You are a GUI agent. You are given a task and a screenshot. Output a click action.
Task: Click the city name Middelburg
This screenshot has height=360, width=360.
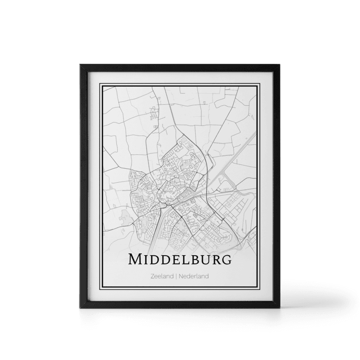[x=179, y=260]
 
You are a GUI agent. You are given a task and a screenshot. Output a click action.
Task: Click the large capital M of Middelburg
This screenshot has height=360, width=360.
[x=135, y=260]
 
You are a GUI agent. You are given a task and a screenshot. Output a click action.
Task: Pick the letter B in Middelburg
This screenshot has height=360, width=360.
[x=191, y=260]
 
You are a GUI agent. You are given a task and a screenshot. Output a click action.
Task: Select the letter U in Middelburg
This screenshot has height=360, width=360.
[x=203, y=260]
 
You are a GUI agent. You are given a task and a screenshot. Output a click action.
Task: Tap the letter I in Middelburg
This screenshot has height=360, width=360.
[x=145, y=260]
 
